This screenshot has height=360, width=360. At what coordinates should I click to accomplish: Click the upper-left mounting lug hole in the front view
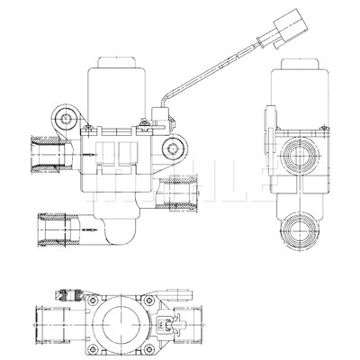(65, 119)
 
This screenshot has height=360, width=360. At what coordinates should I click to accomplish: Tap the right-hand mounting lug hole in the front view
(173, 148)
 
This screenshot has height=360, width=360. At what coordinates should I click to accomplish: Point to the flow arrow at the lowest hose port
(89, 229)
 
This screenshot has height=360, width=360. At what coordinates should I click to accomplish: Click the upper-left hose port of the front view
(51, 155)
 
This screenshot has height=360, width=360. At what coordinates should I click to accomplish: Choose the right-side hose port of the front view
(178, 193)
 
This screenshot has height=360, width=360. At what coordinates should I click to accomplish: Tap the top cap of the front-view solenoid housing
(117, 62)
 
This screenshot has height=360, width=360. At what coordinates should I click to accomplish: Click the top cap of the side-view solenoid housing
(300, 64)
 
